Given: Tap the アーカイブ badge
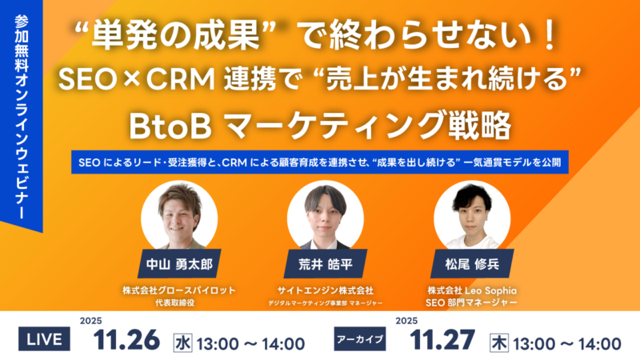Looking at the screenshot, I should click(x=359, y=339).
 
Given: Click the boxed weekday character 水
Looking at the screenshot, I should click(x=184, y=343).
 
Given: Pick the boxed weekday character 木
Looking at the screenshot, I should click(x=500, y=343).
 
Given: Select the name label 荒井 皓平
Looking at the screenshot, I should click(x=319, y=263).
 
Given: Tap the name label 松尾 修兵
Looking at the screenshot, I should click(x=471, y=263).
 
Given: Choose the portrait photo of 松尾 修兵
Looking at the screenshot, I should click(x=472, y=212).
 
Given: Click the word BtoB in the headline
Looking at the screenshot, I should click(x=170, y=126).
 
